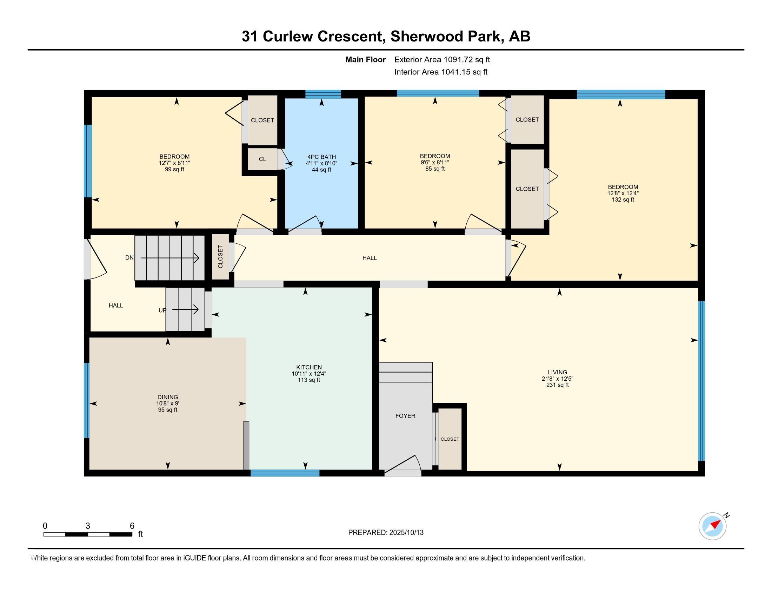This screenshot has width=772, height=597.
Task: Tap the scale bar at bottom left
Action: [x=88, y=534]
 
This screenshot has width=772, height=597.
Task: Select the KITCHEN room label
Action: [x=309, y=367]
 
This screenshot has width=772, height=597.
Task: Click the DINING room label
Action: [x=168, y=397]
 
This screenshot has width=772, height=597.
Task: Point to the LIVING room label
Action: [x=558, y=372]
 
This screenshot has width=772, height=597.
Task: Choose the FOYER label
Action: [x=405, y=416]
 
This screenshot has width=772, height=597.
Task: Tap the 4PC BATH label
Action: [x=322, y=157]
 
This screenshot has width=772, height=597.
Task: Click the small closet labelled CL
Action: [x=262, y=159]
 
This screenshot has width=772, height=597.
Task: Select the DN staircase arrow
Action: [x=170, y=258]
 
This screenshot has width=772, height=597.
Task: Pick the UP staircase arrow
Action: [x=185, y=310]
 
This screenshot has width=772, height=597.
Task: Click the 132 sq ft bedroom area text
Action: [x=623, y=200]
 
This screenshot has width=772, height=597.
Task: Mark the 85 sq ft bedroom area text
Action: [x=435, y=169]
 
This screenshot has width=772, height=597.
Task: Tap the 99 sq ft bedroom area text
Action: [x=175, y=169]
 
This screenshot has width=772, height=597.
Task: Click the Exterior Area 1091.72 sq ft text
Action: [x=442, y=59]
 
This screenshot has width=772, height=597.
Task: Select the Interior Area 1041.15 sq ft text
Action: [x=441, y=72]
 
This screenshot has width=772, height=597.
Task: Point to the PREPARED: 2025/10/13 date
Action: [x=386, y=533]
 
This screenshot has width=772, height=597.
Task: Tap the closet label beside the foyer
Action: [x=450, y=439]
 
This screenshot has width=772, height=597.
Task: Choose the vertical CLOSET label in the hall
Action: [x=220, y=257]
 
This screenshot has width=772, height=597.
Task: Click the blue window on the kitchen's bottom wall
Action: [x=285, y=473]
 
